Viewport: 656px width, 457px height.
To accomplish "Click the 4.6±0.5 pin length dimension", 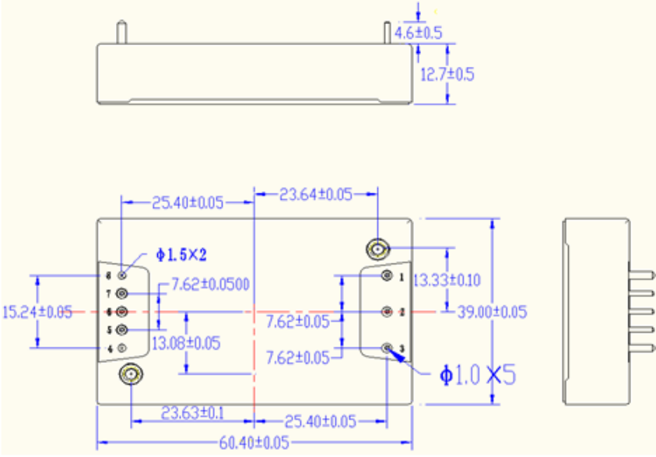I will (419, 33).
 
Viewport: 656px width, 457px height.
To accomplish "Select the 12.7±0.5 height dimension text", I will (447, 75).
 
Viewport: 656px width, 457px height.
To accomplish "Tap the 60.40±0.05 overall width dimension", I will (254, 442).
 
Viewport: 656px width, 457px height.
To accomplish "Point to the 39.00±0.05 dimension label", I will (492, 312).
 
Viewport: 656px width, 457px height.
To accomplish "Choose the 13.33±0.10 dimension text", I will (447, 279).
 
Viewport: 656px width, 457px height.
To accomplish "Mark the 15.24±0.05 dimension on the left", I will (37, 312).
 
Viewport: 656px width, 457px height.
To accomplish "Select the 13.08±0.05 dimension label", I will (186, 342).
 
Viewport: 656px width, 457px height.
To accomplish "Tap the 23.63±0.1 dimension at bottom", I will (192, 412).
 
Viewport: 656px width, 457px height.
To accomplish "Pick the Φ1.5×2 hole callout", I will (181, 254).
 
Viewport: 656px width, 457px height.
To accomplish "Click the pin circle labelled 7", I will (122, 293).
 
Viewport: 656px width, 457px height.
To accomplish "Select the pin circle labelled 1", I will (387, 276).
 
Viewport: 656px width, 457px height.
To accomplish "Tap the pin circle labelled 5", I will (122, 330).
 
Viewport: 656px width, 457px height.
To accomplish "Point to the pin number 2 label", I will (402, 312).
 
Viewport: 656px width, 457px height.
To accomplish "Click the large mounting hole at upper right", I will (377, 249).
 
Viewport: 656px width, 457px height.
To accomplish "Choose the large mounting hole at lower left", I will (130, 375).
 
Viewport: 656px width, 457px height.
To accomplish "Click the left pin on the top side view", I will (121, 33).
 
